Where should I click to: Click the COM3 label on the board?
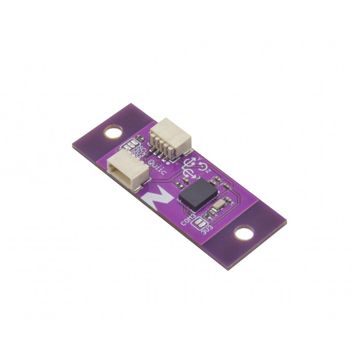tap(188, 220)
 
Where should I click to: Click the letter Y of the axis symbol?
tap(193, 156)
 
